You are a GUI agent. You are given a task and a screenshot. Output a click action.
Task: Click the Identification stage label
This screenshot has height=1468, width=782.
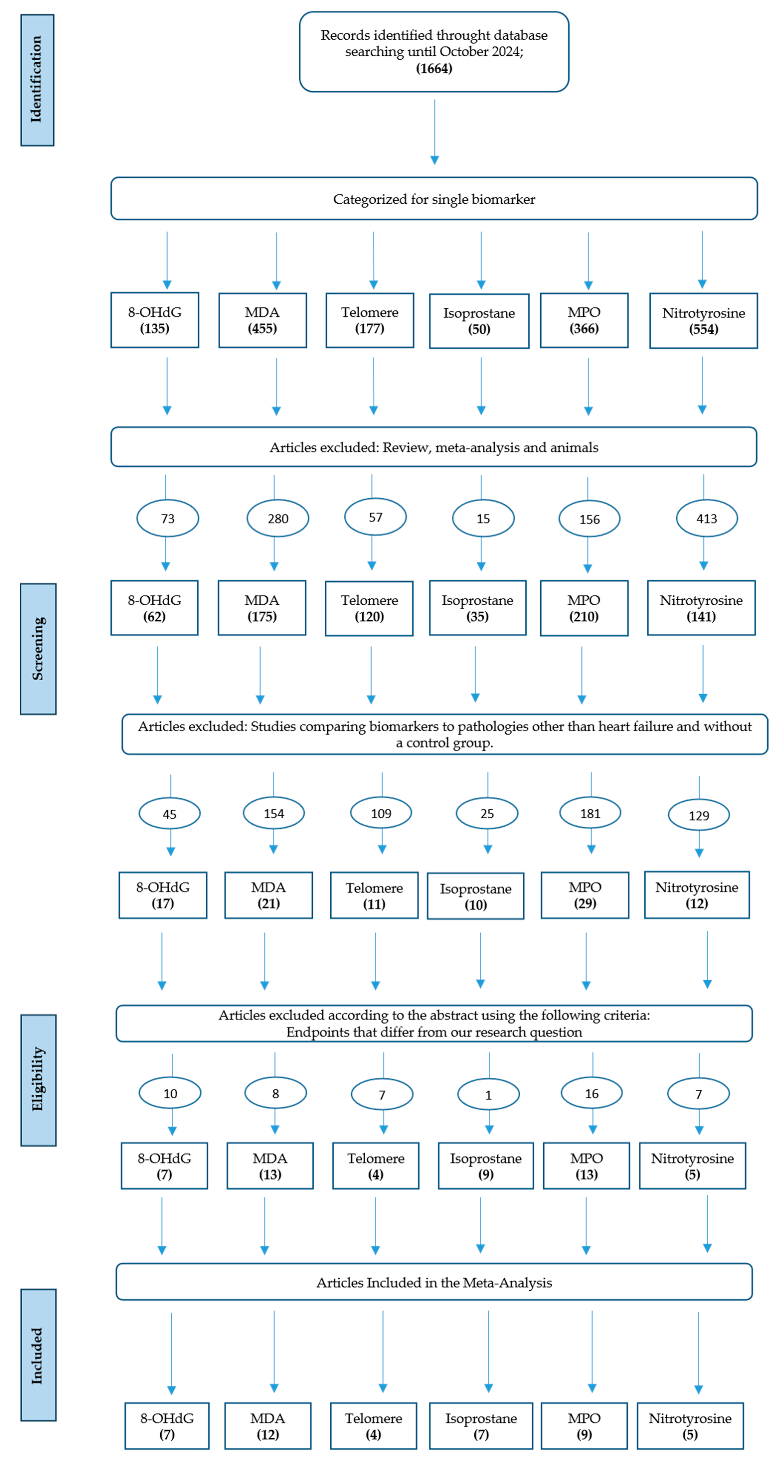point(37,80)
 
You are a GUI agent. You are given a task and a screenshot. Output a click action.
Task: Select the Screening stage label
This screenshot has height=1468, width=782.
point(38,648)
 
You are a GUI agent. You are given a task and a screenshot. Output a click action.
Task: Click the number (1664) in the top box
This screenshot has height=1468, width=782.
point(434,68)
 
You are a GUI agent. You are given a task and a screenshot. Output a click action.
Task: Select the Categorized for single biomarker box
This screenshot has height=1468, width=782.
point(434,199)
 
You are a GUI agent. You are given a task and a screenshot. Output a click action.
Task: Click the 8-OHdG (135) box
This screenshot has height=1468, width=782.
point(155,320)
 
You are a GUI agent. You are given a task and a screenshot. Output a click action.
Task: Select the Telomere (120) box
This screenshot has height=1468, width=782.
point(369,608)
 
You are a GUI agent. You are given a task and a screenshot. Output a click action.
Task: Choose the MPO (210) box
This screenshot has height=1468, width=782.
point(584,608)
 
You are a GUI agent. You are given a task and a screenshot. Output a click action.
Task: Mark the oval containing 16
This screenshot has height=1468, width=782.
point(592,1093)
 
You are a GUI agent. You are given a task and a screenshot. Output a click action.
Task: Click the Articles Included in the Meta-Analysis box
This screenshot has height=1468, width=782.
point(434,1282)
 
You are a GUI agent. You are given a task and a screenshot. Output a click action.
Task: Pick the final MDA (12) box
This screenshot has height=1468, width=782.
point(267,1426)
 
